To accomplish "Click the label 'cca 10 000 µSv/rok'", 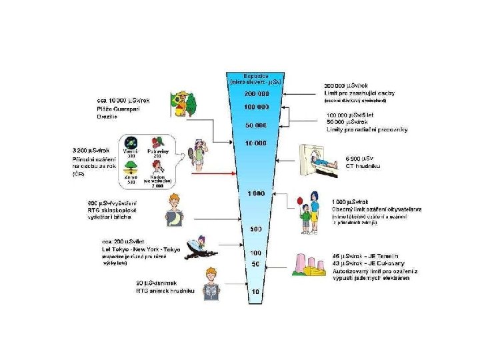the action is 123,101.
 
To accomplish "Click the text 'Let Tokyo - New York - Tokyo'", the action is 141,249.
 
